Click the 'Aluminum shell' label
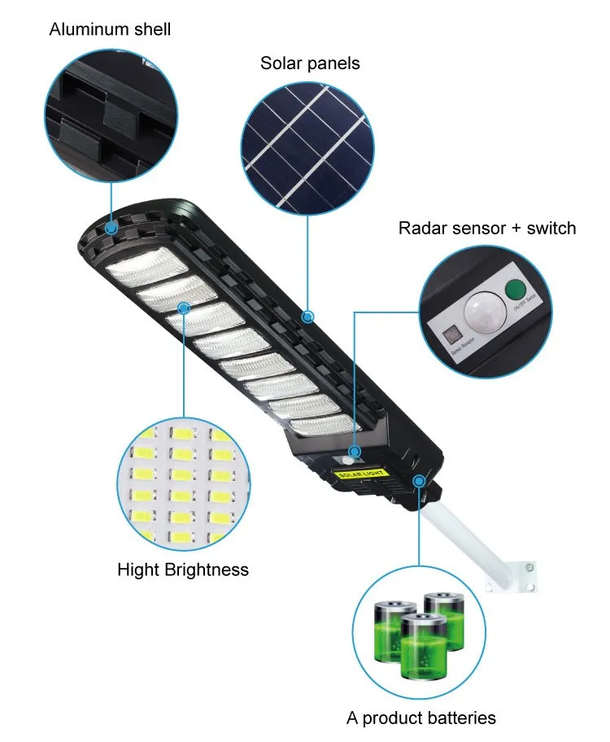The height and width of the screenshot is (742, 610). click(x=110, y=30)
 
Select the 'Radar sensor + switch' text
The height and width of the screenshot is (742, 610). click(x=486, y=228)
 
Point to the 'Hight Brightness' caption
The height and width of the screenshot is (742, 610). click(x=182, y=570)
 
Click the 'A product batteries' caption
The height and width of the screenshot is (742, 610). click(x=420, y=718)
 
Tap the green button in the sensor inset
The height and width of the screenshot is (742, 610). click(x=514, y=290)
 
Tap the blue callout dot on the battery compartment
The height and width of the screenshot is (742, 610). click(x=419, y=481)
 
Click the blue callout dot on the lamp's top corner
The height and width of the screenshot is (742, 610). click(x=110, y=230)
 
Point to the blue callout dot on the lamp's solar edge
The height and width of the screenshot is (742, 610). click(x=308, y=315)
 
